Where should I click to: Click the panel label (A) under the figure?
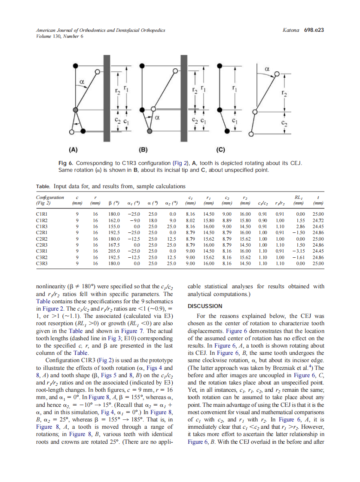73,150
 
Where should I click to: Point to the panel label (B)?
143,150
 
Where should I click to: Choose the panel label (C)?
220,150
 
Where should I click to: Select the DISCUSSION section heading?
205,306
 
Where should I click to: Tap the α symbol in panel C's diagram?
267,68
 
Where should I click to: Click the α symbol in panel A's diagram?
81,80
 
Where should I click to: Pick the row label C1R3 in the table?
42,225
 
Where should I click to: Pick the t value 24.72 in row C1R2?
318,219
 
